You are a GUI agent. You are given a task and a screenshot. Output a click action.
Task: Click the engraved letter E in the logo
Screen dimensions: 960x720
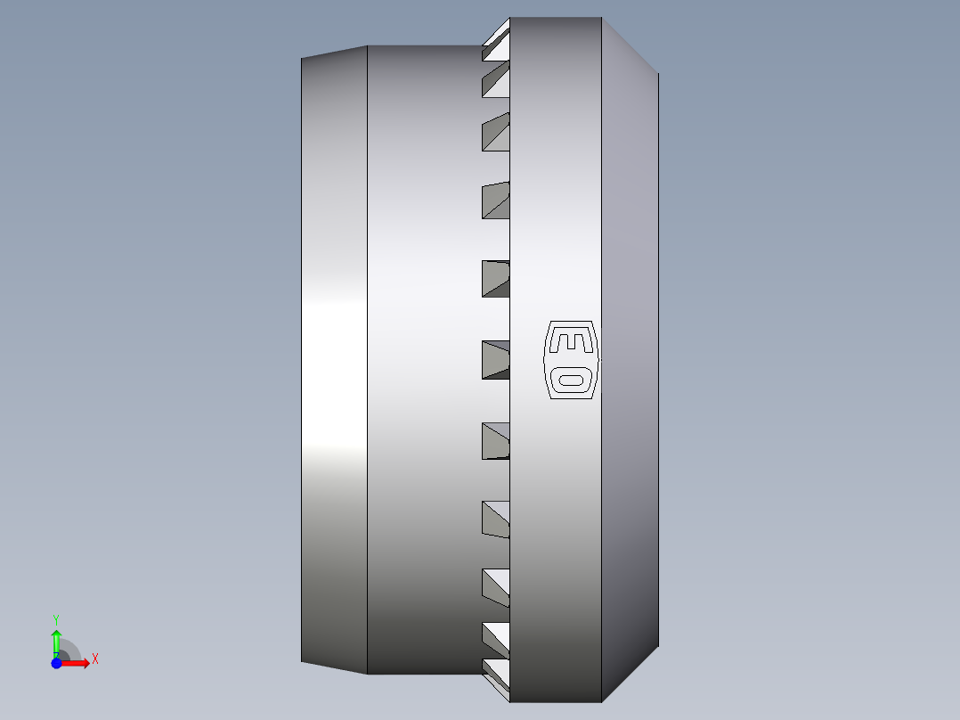coord(571,342)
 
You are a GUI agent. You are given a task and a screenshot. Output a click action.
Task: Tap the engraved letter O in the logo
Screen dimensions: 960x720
coord(571,380)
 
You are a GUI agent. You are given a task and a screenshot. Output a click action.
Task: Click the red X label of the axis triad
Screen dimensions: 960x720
coord(95,659)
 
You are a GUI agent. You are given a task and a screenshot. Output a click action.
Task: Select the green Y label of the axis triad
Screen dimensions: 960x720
coord(56,620)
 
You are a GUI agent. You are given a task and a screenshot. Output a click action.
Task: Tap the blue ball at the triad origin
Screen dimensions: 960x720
coord(56,663)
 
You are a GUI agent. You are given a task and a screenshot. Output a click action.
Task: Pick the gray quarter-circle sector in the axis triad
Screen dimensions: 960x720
coord(69,650)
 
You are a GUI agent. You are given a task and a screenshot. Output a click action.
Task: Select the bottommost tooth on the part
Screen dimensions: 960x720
coord(496,679)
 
